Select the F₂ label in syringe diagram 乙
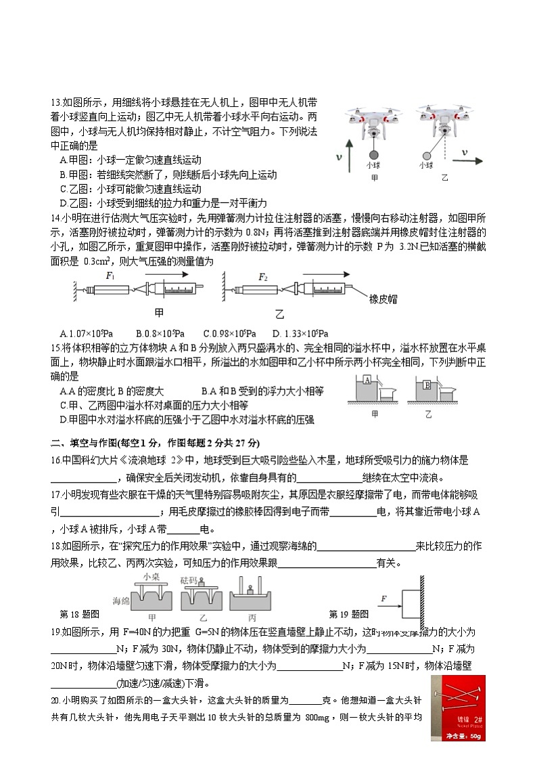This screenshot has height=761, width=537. click(x=263, y=276)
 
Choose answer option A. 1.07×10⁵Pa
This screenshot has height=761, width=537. click(x=86, y=333)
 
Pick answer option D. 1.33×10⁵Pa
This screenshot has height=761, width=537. click(x=300, y=333)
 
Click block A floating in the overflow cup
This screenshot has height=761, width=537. click(x=365, y=380)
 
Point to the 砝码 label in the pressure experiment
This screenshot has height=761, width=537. click(x=189, y=580)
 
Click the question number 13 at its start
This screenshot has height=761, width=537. click(x=55, y=102)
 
